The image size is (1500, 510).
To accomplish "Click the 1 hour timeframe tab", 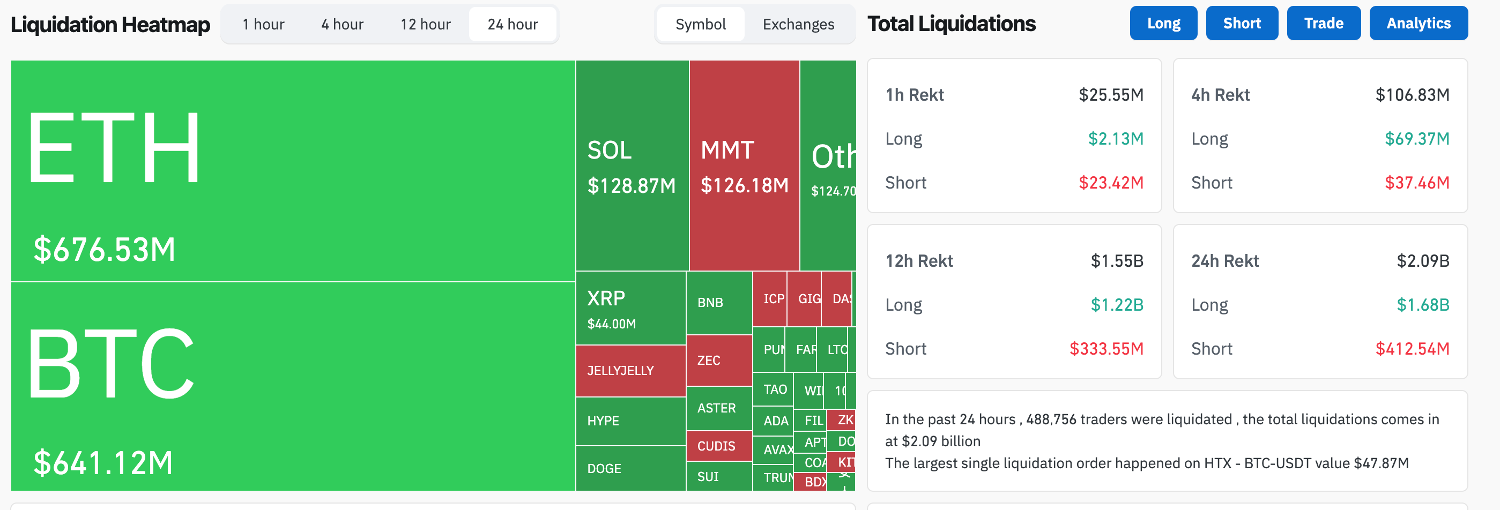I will pos(263,25).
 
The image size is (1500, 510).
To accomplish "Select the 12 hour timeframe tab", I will pos(425,25).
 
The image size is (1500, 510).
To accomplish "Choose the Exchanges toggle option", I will pos(798,25).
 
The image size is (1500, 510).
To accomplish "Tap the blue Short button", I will pos(1242,23).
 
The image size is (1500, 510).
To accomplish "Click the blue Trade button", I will pos(1323,23).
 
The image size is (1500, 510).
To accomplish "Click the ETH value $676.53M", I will pos(104,250).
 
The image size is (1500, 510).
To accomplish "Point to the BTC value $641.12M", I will pos(103,463).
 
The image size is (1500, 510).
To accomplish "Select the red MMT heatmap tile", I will pos(744,166).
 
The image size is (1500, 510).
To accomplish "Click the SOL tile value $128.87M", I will pos(631,186).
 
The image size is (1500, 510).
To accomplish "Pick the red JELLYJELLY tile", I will pos(630,371).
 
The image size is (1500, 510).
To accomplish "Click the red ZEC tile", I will pos(718,361).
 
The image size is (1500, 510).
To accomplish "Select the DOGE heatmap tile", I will pos(630,468).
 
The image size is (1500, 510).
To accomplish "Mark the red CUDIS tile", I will pos(718,446).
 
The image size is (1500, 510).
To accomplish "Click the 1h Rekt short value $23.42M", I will pos(1110,183).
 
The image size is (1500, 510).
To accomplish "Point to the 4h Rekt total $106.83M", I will pos(1412,95).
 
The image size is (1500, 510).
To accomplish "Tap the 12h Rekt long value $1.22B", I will pos(1116,305).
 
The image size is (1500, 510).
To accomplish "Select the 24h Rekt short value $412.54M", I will pos(1412,349).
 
